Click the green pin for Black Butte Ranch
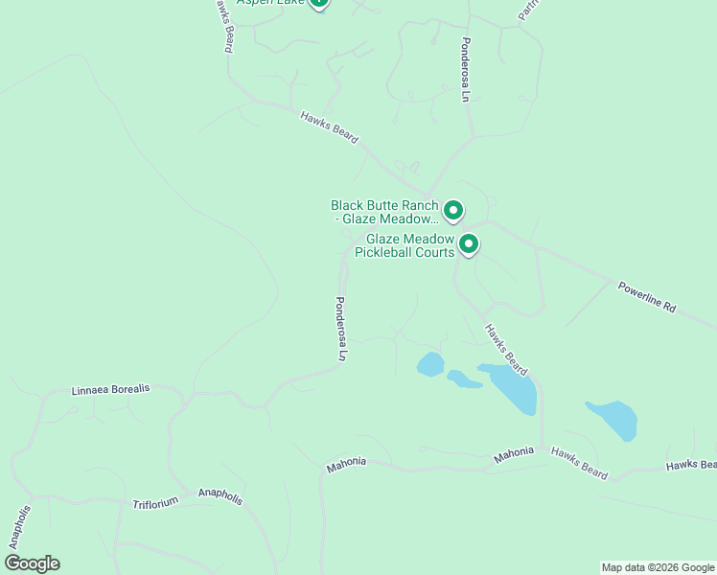(x=452, y=210)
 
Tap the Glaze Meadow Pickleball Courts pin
(x=469, y=244)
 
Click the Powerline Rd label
(x=647, y=296)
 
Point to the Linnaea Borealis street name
(x=111, y=390)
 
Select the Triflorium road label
(x=155, y=502)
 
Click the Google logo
(x=32, y=563)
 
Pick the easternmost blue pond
(x=613, y=420)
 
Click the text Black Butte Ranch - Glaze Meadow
(x=384, y=212)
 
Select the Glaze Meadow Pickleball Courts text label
(x=404, y=245)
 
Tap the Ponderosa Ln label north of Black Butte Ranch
(x=465, y=70)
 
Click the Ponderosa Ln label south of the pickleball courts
(x=339, y=327)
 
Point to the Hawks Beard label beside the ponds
(x=505, y=349)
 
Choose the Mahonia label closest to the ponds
(x=514, y=451)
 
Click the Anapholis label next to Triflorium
(x=220, y=496)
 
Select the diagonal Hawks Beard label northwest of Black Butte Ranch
(x=329, y=127)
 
